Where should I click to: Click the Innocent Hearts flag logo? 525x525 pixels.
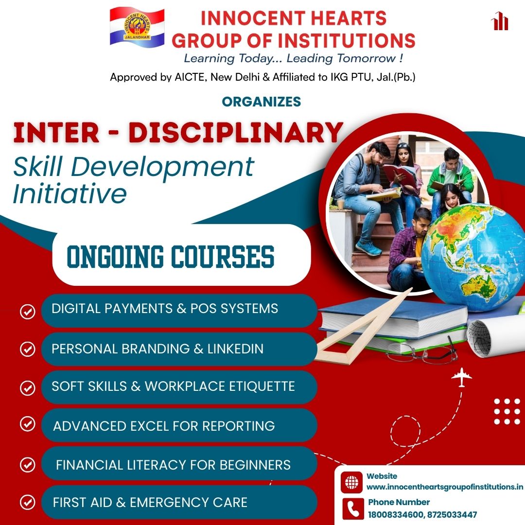pyautogui.click(x=137, y=27)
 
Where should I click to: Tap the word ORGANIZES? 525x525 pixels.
pyautogui.click(x=262, y=102)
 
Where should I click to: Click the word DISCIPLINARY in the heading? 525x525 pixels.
pyautogui.click(x=236, y=133)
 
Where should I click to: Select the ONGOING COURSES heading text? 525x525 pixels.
pyautogui.click(x=171, y=257)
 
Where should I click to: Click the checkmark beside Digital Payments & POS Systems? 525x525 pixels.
pyautogui.click(x=27, y=312)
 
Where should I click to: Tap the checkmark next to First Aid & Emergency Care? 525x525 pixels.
pyautogui.click(x=27, y=502)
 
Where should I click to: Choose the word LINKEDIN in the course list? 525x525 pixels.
pyautogui.click(x=235, y=349)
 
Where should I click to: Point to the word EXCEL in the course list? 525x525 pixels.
pyautogui.click(x=150, y=426)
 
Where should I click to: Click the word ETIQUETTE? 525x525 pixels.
pyautogui.click(x=262, y=386)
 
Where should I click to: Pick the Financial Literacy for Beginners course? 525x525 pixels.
pyautogui.click(x=173, y=465)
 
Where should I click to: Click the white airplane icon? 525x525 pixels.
pyautogui.click(x=461, y=377)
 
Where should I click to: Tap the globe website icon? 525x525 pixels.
pyautogui.click(x=351, y=483)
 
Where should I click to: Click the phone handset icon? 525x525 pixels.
pyautogui.click(x=353, y=509)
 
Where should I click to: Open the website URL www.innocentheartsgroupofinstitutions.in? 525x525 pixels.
pyautogui.click(x=445, y=487)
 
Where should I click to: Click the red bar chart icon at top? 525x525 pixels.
pyautogui.click(x=500, y=21)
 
